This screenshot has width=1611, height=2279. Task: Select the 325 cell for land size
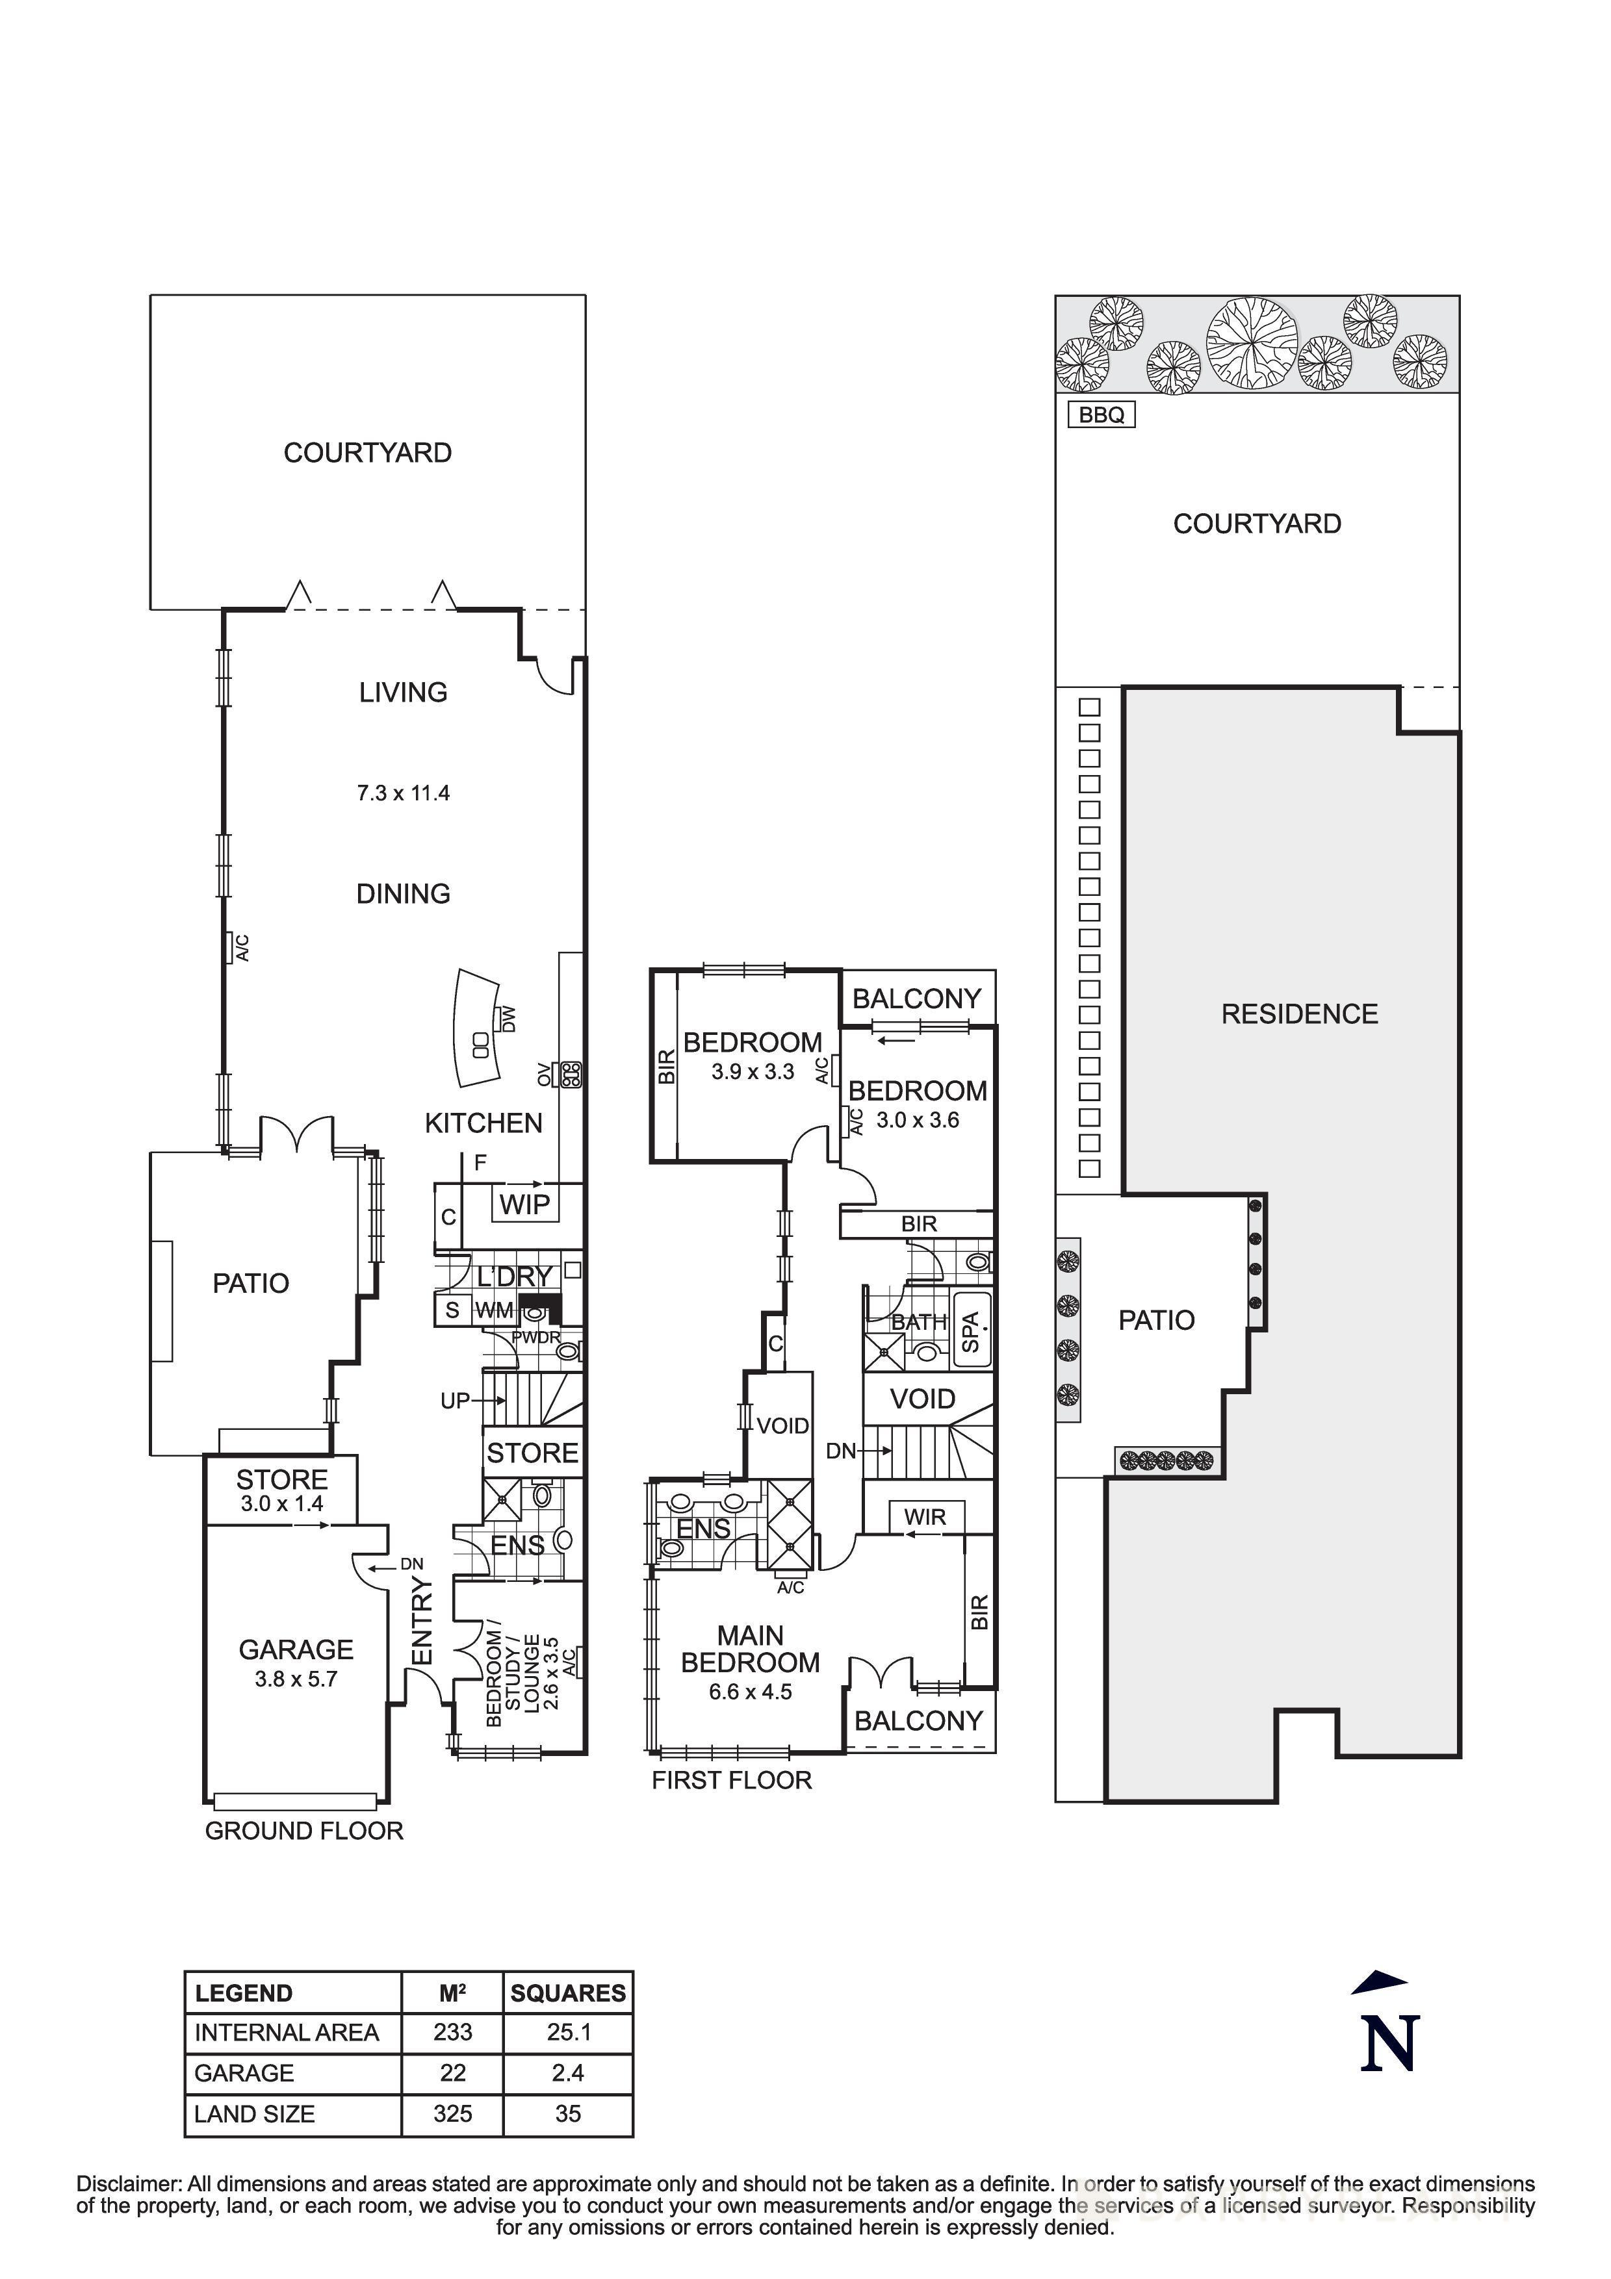click(x=453, y=2113)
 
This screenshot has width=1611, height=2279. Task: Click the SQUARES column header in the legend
click(x=568, y=1993)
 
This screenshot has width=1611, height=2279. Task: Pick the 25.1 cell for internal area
click(x=568, y=2033)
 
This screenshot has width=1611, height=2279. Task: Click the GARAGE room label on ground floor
click(x=296, y=1649)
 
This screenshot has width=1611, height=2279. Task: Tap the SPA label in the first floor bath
click(x=972, y=1331)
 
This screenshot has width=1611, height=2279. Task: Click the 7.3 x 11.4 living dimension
click(x=403, y=793)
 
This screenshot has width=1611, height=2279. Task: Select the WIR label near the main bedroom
click(x=924, y=1517)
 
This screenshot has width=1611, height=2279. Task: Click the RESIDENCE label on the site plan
click(x=1298, y=1014)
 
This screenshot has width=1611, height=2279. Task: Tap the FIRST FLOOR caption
click(x=732, y=1781)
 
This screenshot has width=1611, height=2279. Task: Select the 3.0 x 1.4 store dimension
click(x=282, y=1504)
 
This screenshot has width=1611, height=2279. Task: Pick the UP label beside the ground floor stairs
click(x=456, y=1401)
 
